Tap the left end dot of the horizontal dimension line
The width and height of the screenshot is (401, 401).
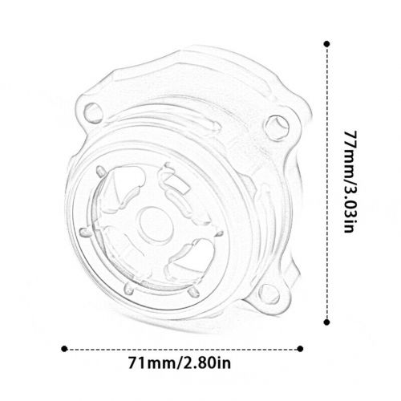pyautogui.click(x=64, y=350)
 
